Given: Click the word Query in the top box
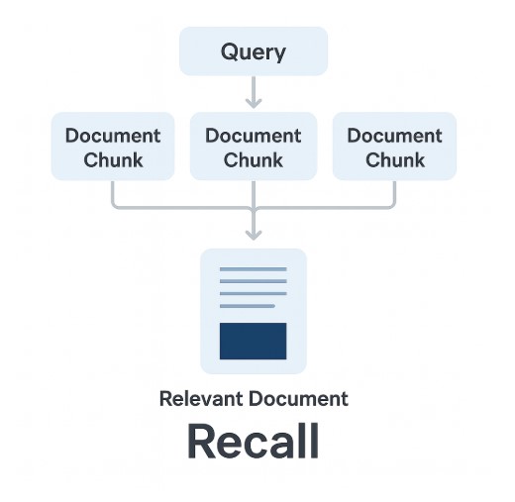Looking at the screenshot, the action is pos(254,51).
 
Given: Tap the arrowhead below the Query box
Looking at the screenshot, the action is pos(254,103).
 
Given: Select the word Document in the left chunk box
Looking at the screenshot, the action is pos(113,136).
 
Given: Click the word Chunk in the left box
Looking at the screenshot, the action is pos(113,160).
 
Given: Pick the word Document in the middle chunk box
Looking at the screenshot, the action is pos(254,136).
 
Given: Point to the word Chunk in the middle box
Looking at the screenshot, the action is pos(254,160).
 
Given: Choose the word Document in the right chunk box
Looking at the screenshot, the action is pos(394,136).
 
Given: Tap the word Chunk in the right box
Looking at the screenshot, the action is pos(395,160).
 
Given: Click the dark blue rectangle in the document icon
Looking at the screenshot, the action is pos(254,341).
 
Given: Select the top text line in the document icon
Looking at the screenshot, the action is pos(254,269).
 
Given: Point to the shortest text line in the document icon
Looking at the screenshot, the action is pos(248,306).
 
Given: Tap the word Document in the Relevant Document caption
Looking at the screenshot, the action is pos(298,399).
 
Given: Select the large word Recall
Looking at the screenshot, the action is pos(254,441).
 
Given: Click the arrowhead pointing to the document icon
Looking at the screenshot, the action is pos(254,235).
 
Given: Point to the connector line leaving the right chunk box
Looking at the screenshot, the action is pos(324,208).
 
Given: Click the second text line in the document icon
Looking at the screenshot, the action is pos(254,281).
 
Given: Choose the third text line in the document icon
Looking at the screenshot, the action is pos(254,294).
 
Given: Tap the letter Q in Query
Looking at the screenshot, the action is pos(229,51).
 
